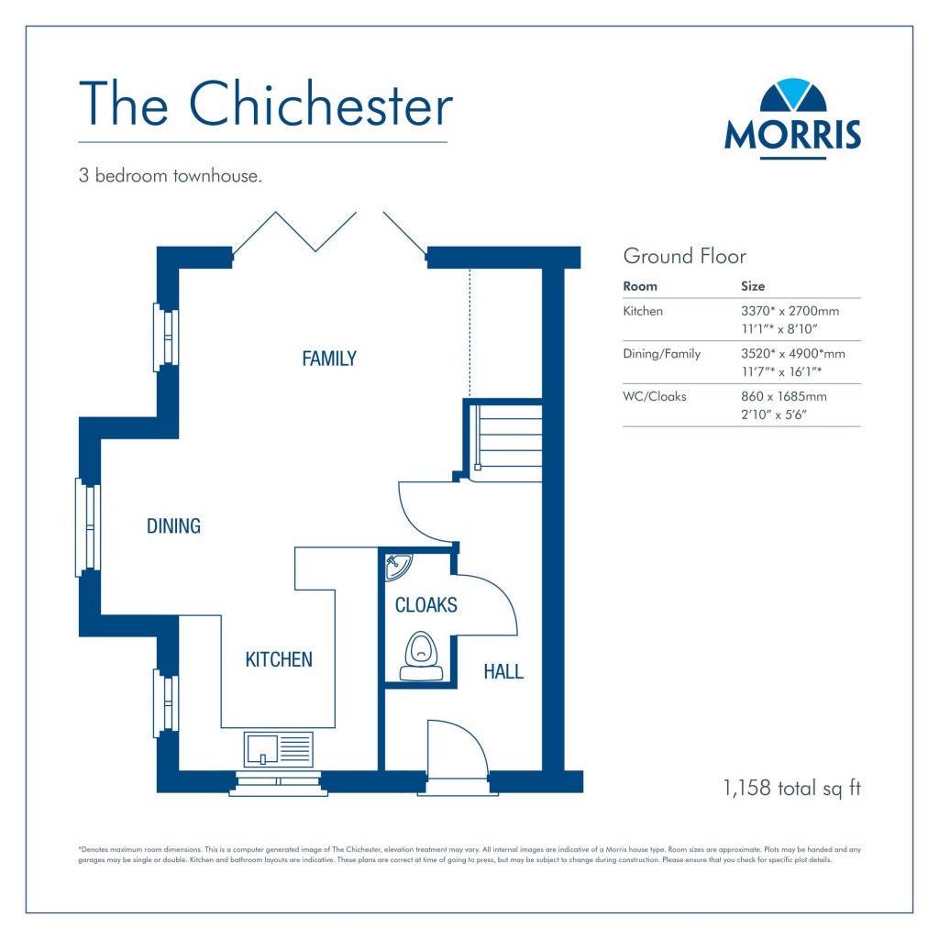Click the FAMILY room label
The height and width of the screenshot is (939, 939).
(x=329, y=359)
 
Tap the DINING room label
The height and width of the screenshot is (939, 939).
(x=173, y=526)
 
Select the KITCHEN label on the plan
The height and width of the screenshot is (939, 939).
(x=279, y=659)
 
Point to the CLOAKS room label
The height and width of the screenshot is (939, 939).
(x=425, y=605)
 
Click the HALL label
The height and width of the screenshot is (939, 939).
(x=503, y=672)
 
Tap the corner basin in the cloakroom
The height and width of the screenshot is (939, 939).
(x=397, y=565)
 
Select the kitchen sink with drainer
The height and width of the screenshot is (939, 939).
(x=279, y=748)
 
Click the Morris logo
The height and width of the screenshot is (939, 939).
(x=792, y=118)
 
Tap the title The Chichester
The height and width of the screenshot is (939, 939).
(x=266, y=105)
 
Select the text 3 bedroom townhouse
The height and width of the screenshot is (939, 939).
(x=171, y=176)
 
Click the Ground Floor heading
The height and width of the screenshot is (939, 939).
(x=684, y=256)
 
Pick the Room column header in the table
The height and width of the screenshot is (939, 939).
(x=640, y=286)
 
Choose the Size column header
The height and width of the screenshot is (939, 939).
(x=753, y=286)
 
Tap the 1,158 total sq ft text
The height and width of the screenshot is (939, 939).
(x=791, y=788)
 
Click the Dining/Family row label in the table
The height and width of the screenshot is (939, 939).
(x=662, y=354)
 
